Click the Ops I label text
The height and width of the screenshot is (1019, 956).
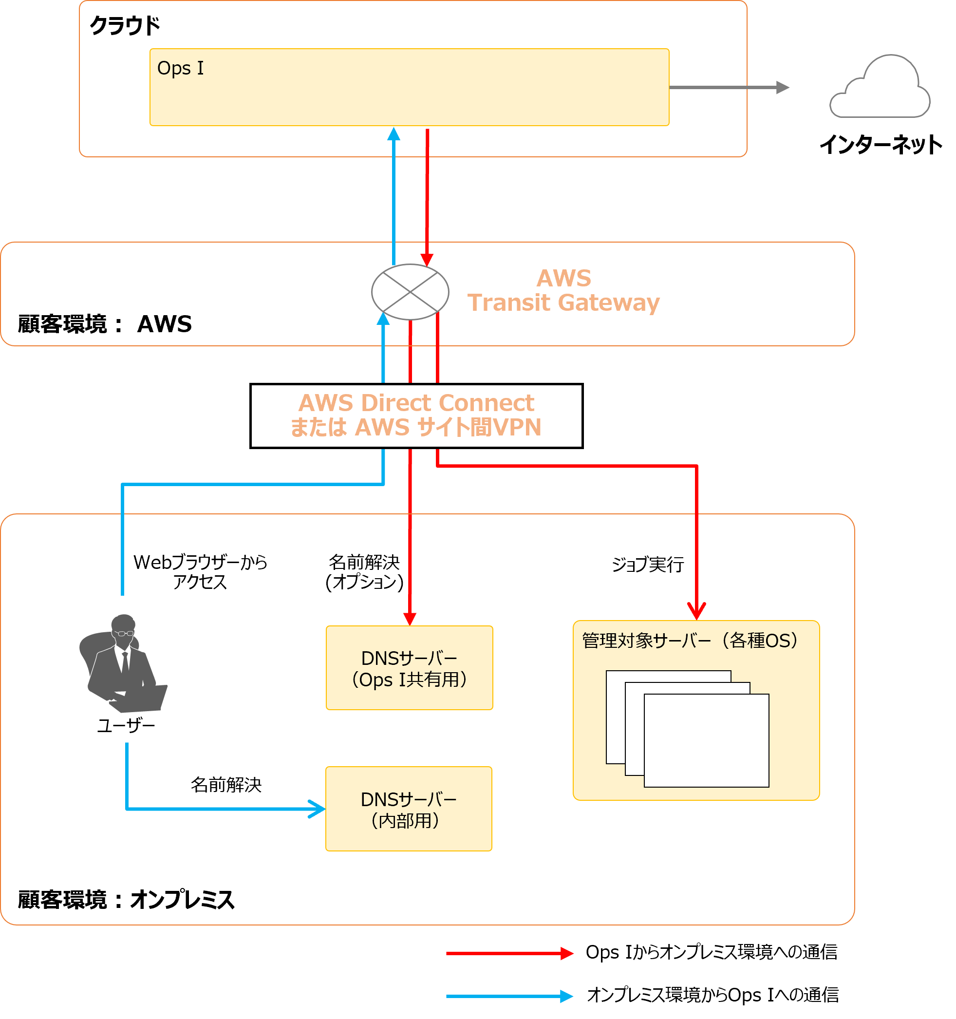(x=180, y=68)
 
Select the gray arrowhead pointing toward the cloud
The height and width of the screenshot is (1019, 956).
(x=782, y=88)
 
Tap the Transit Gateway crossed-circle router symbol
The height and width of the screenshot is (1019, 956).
(x=410, y=292)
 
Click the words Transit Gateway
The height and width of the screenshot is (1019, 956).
(x=563, y=303)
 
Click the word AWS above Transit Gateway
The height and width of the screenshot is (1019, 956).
(x=563, y=278)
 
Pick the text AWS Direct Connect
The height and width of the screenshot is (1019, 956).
(x=416, y=403)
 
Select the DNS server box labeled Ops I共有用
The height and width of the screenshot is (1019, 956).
(x=409, y=668)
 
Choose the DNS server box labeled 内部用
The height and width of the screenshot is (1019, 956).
(x=409, y=809)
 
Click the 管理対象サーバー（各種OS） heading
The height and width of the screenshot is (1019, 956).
(x=690, y=641)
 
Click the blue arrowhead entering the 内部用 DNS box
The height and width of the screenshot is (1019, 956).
(x=319, y=809)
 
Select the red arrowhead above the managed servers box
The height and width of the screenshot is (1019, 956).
(x=696, y=611)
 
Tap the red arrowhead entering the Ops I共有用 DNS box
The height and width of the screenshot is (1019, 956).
(x=410, y=619)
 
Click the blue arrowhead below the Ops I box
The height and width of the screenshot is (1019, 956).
(x=394, y=134)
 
